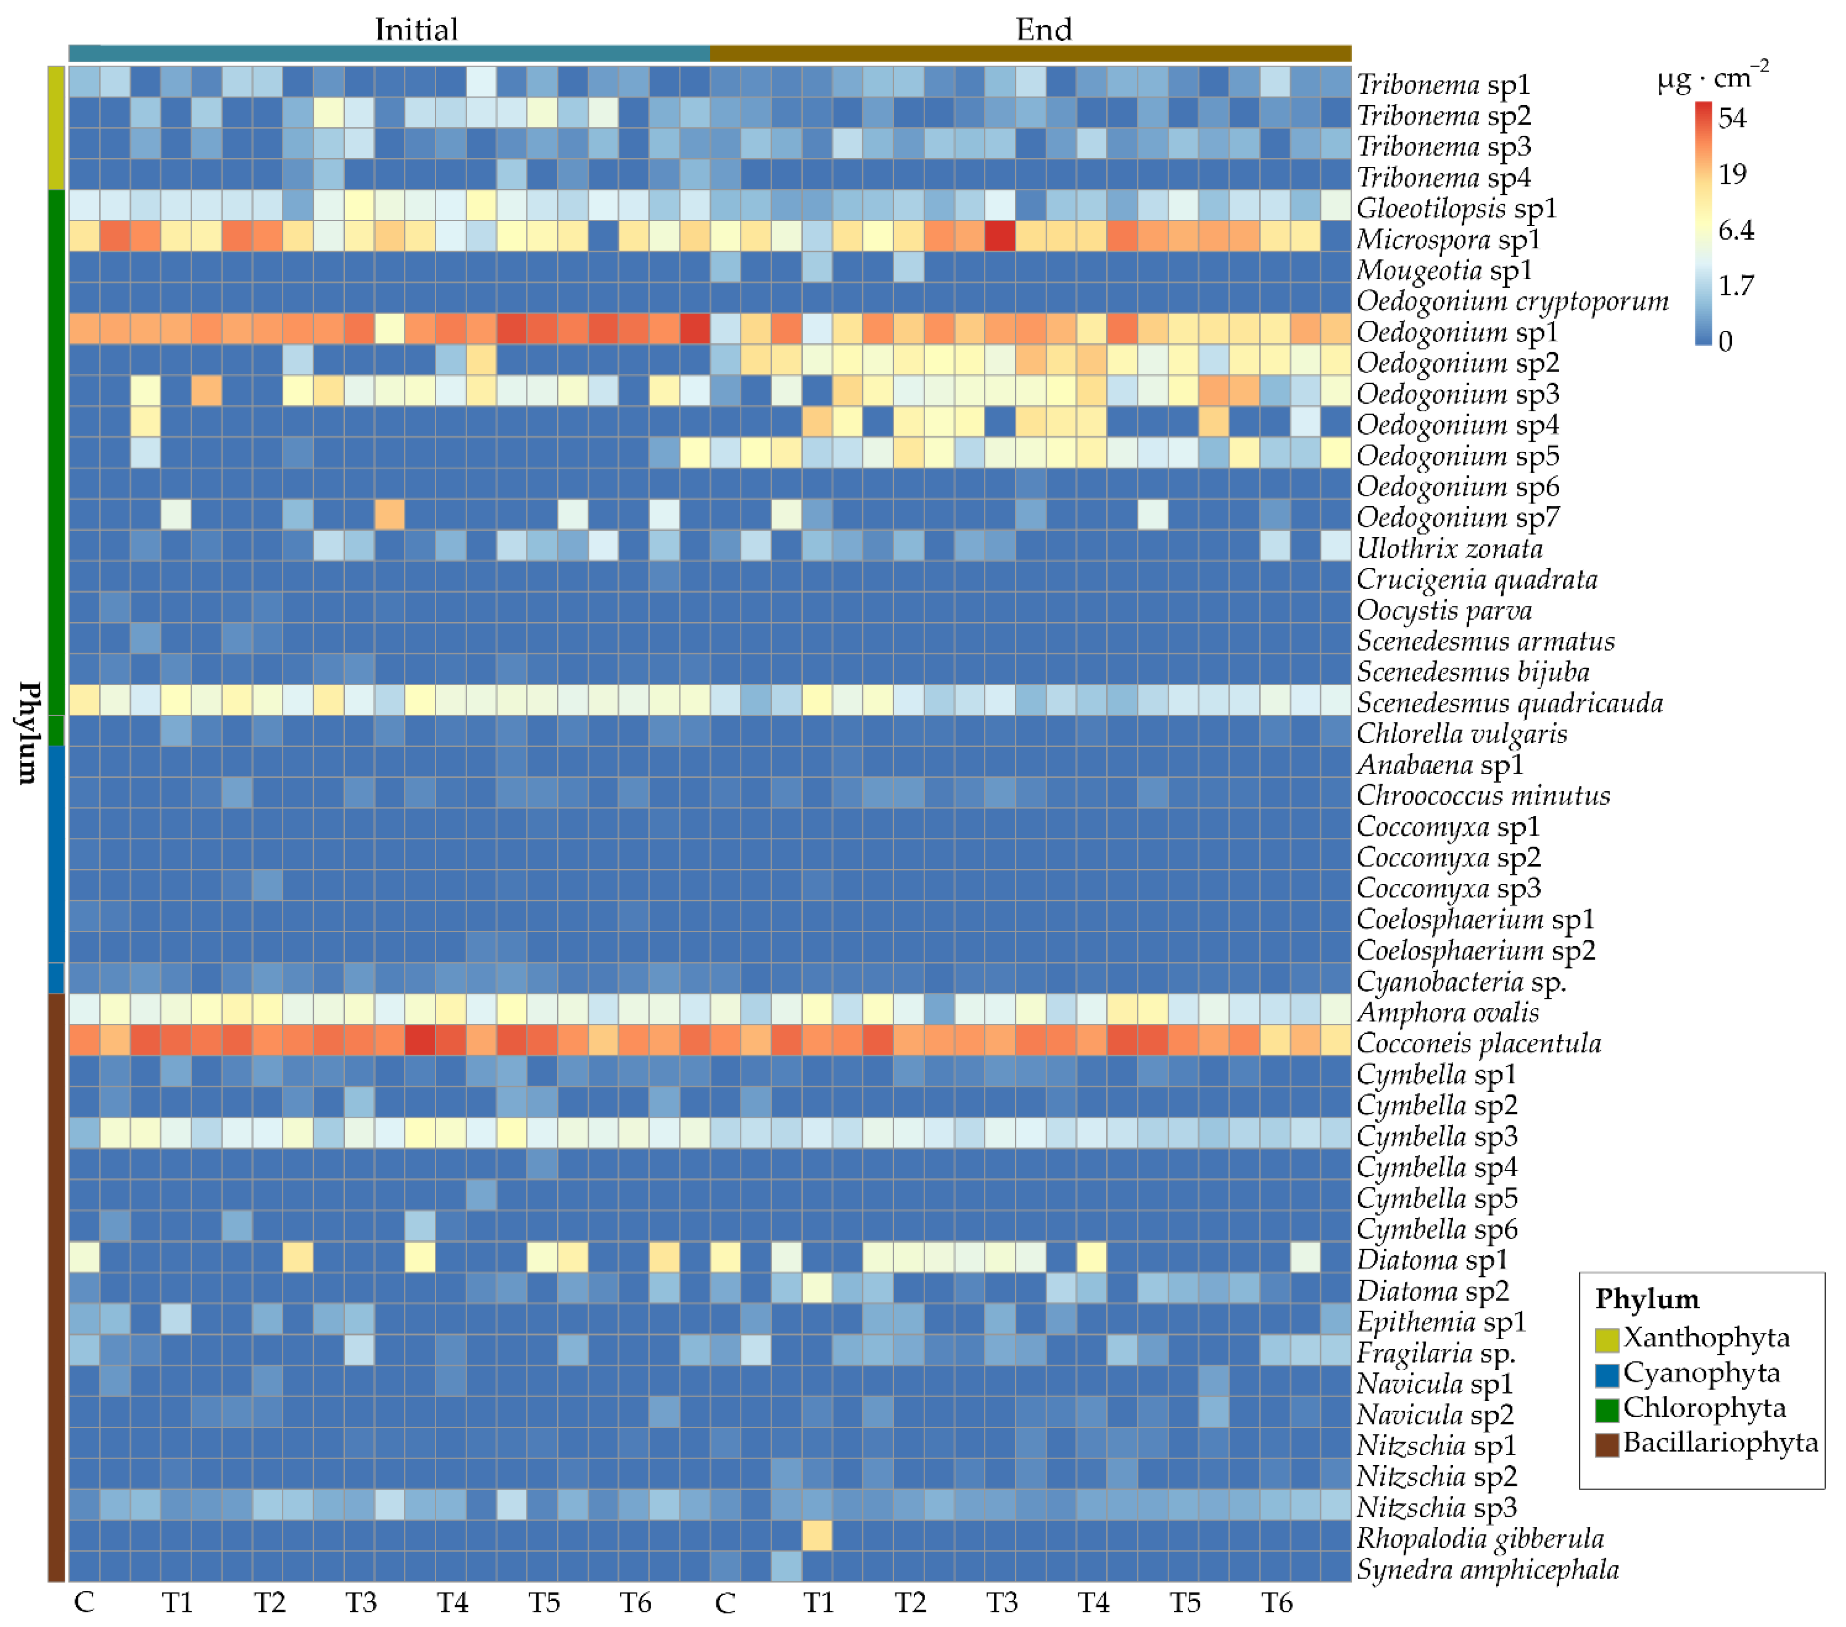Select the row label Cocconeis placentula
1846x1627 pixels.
[x=1479, y=1043]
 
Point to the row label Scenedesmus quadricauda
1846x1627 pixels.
[x=1509, y=703]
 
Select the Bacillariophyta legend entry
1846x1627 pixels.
[x=1720, y=1443]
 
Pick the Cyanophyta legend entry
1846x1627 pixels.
[x=1701, y=1373]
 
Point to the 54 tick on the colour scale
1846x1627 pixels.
[x=1731, y=117]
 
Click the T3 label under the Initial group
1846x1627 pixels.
[x=360, y=1603]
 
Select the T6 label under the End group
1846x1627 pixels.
[x=1276, y=1603]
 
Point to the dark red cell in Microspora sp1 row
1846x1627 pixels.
[x=1000, y=237]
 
